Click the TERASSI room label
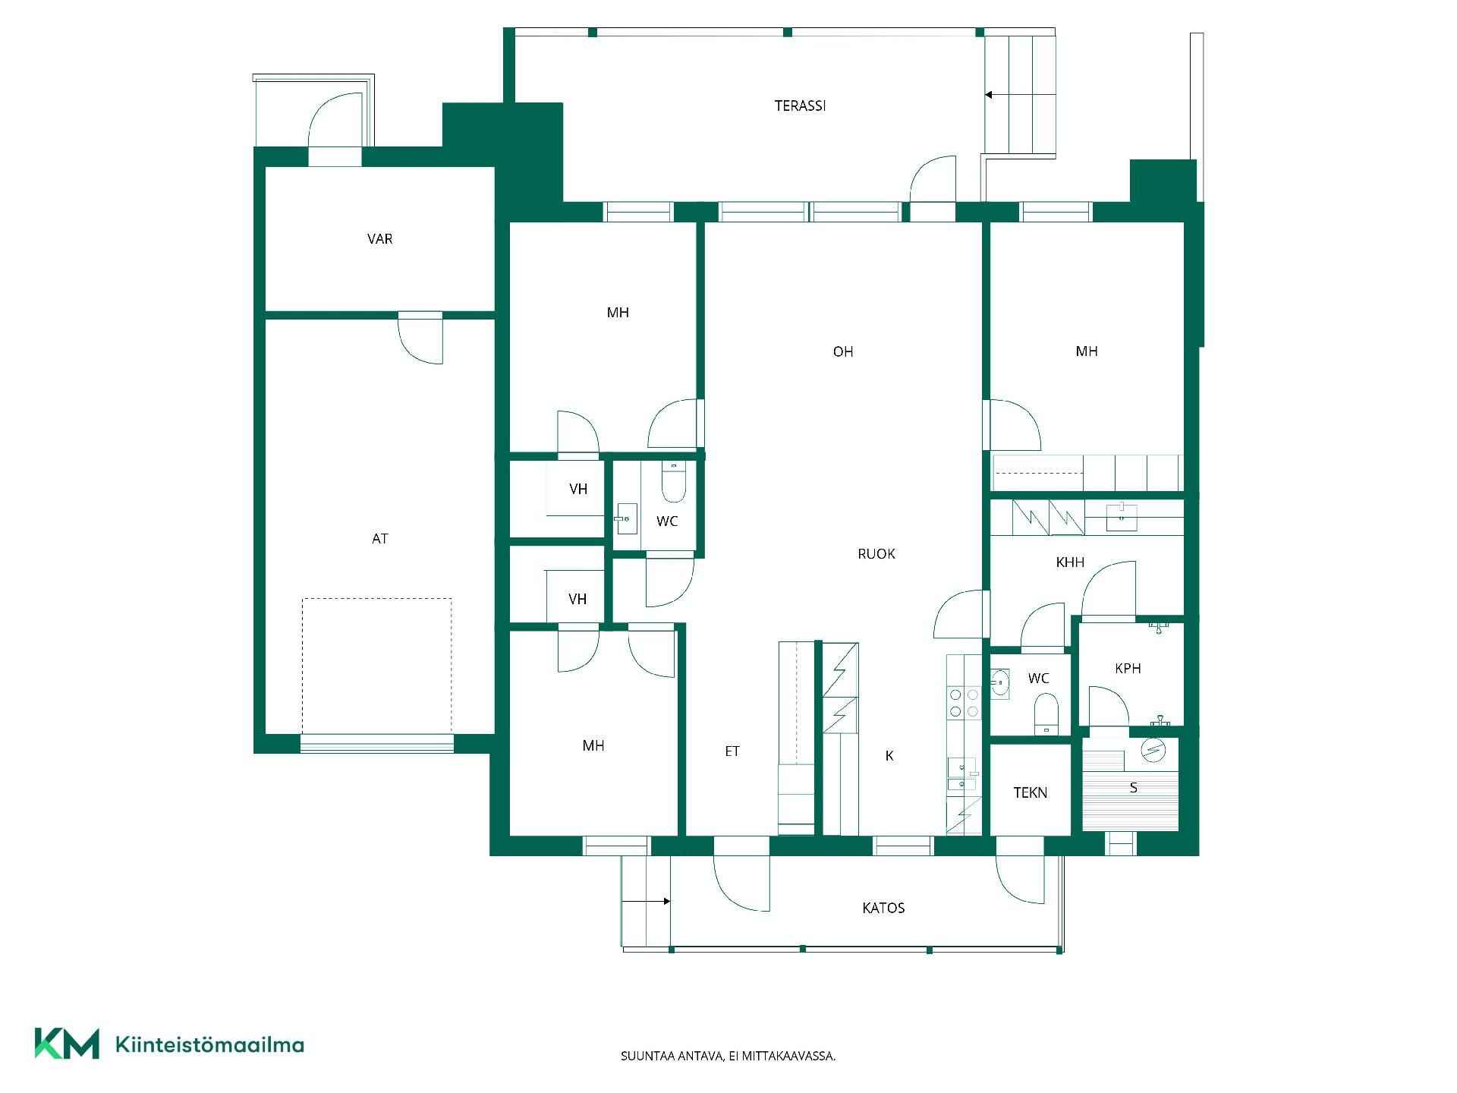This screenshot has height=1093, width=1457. [x=800, y=106]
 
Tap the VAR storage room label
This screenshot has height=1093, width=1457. [x=379, y=239]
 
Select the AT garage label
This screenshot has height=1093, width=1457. [x=379, y=539]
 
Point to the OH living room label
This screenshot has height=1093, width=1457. [x=843, y=351]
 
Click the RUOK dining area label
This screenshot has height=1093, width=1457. [x=876, y=554]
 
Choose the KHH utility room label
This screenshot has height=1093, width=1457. [x=1070, y=562]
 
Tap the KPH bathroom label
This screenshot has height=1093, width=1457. [x=1128, y=669]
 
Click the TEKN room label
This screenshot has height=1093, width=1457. [x=1030, y=793]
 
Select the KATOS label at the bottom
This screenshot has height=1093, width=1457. [x=883, y=909]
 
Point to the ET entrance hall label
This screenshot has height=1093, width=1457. [x=732, y=751]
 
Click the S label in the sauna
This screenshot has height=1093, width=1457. [x=1133, y=788]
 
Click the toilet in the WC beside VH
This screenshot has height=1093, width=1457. [x=673, y=481]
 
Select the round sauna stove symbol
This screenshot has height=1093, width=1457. [x=1153, y=750]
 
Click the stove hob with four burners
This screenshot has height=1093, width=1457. [x=964, y=703]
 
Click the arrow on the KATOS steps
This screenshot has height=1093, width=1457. [x=646, y=902]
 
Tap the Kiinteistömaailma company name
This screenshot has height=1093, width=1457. [x=209, y=1045]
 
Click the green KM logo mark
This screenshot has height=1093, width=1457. [x=67, y=1044]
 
